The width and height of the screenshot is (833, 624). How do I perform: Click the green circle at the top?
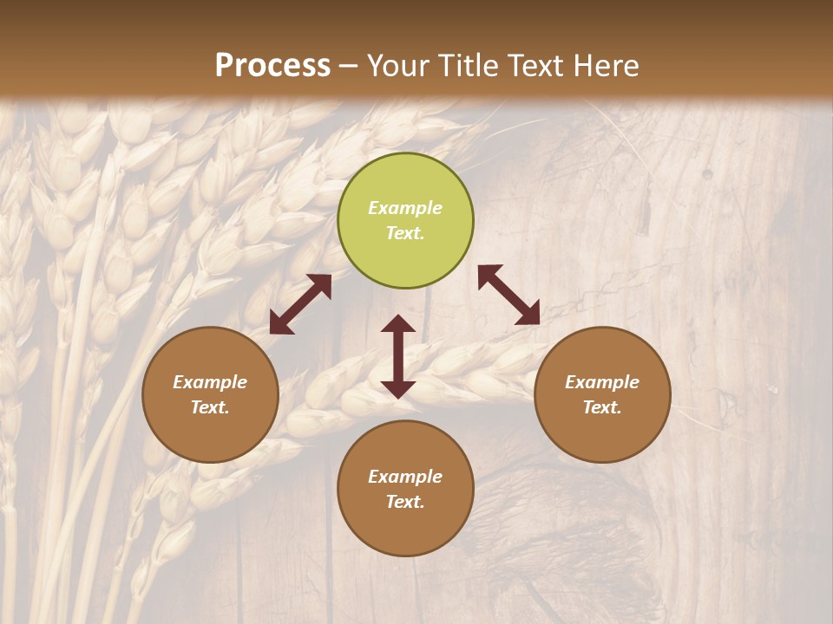[405, 221]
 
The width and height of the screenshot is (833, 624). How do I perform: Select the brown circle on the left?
[210, 394]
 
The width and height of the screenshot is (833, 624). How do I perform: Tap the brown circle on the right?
[602, 394]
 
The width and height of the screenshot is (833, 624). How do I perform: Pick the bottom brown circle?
[405, 489]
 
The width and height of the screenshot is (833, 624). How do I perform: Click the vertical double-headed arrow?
[398, 356]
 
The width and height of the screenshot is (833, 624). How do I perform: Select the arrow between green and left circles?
[300, 304]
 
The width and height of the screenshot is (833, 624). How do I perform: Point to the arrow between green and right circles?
[508, 295]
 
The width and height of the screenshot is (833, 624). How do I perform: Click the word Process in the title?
[272, 66]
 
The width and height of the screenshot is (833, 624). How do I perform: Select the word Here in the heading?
[607, 66]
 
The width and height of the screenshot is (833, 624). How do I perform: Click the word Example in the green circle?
[405, 208]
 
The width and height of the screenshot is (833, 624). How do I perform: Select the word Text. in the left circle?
[210, 407]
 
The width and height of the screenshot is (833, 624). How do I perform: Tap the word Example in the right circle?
[602, 382]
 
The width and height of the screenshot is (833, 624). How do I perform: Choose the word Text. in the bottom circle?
[405, 502]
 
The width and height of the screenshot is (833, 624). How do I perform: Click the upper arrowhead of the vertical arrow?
[398, 325]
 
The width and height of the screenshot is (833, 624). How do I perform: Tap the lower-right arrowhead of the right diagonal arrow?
[528, 315]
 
